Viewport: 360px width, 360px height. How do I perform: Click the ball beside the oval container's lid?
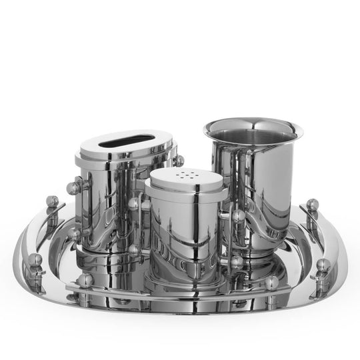coord(179,161)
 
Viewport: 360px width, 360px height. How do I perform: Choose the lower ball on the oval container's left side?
coord(75,235)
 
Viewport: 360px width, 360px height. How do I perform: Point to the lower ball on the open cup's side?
coord(237,262)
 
